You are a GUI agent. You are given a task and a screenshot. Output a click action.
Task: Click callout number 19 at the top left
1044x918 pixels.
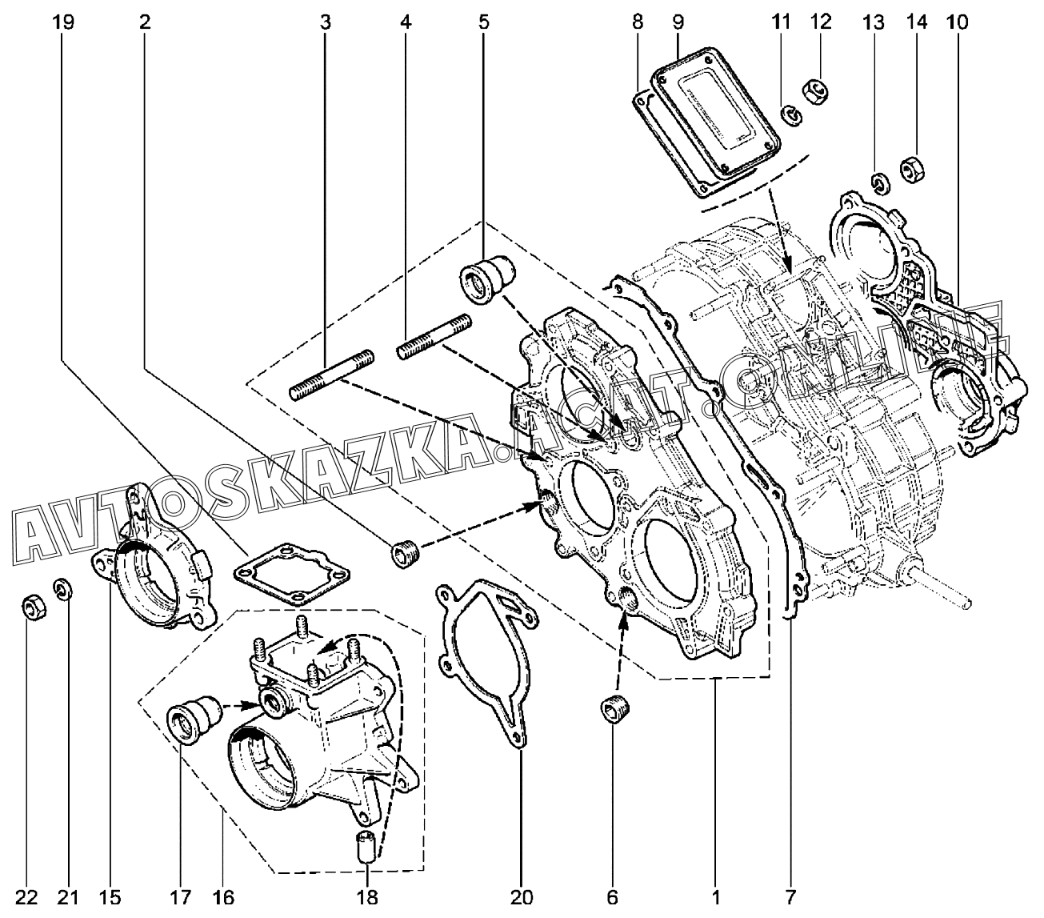63,23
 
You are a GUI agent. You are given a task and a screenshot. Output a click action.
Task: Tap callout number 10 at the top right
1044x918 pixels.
955,23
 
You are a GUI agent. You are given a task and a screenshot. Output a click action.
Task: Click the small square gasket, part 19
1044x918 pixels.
292,573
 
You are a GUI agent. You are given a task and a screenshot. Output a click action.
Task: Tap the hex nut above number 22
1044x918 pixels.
32,607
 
